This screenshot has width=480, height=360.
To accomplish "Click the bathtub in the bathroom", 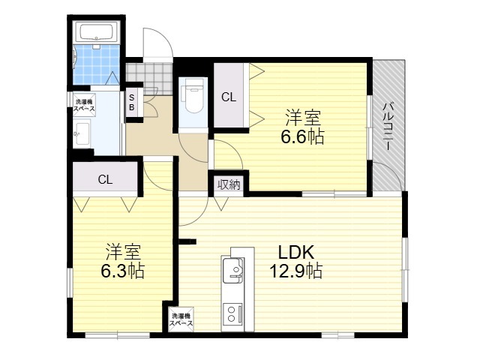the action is click(97, 31).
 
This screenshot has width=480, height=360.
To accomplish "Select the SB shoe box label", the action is click(132, 103).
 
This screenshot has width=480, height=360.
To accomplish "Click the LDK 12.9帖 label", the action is click(295, 262).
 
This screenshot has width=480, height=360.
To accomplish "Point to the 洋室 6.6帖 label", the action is click(302, 127).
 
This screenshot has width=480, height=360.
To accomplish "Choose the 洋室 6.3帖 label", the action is click(123, 261).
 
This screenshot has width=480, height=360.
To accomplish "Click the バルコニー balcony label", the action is click(388, 127).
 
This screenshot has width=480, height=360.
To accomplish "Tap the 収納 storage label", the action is click(229, 185).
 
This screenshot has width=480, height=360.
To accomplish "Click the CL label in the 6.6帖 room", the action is click(229, 97).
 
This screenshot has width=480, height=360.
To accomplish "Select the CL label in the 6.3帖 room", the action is click(105, 180).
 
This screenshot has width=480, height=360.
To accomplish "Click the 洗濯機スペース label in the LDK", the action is click(181, 319).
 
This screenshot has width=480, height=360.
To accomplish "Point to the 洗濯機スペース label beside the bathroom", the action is click(84, 105).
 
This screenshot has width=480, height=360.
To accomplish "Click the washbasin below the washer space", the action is click(82, 133).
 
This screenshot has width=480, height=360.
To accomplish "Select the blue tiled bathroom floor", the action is click(97, 64).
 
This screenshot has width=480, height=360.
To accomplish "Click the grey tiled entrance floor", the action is click(149, 79).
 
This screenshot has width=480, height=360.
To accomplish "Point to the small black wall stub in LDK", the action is click(187, 241).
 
